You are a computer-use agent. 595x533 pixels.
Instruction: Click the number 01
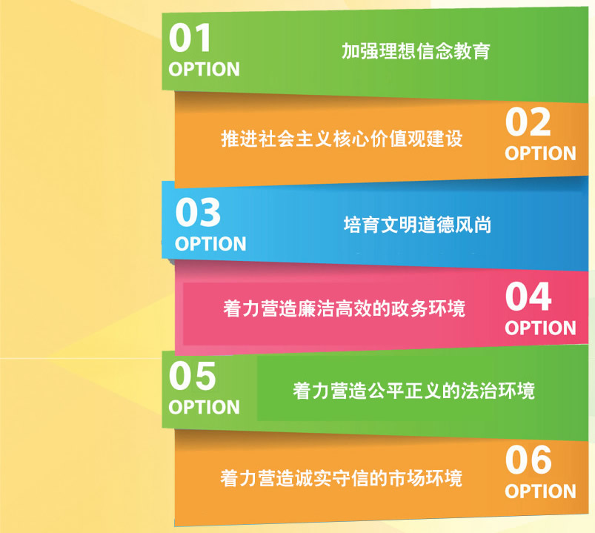[x=190, y=37]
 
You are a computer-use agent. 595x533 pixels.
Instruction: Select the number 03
[x=198, y=212]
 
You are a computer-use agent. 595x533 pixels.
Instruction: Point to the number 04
[x=528, y=296]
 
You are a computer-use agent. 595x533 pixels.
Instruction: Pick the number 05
[x=193, y=375]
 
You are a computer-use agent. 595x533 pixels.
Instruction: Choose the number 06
[x=528, y=460]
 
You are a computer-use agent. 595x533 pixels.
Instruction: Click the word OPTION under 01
[x=205, y=70]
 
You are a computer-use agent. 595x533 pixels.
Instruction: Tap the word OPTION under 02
[x=540, y=153]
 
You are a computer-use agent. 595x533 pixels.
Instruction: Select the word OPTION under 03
[x=210, y=244]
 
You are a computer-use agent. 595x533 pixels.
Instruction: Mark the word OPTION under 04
[x=540, y=328]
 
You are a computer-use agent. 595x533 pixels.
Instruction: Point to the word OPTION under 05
[x=205, y=407]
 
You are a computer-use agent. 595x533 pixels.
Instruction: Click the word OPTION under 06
[x=540, y=491]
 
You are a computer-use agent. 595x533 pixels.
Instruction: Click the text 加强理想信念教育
[x=416, y=51]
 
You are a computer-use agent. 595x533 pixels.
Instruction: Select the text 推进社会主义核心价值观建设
[x=342, y=138]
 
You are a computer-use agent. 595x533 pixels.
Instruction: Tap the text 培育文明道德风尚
[x=417, y=225]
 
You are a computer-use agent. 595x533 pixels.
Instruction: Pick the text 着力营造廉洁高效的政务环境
[x=344, y=308]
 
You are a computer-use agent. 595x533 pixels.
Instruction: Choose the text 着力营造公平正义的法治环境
[x=413, y=391]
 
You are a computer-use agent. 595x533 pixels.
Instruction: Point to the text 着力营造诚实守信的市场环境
[x=342, y=478]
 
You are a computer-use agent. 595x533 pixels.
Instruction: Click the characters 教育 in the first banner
[x=472, y=51]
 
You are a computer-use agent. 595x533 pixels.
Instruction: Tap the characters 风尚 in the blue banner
[x=473, y=225]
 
